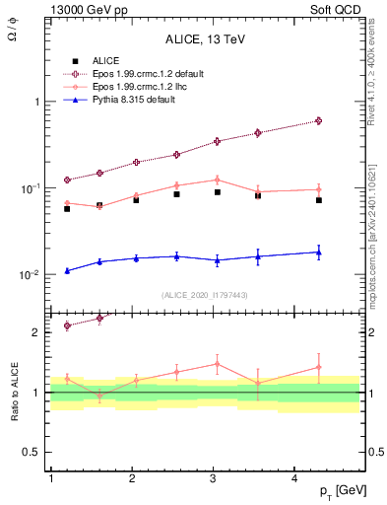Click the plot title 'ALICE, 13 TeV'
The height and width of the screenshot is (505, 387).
[204, 39]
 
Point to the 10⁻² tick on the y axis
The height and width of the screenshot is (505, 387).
[31, 275]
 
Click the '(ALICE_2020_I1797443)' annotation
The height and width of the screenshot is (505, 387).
[204, 295]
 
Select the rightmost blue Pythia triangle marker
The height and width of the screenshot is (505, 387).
[319, 252]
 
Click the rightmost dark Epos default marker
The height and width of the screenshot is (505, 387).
[319, 120]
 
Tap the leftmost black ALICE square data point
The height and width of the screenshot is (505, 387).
[67, 209]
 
